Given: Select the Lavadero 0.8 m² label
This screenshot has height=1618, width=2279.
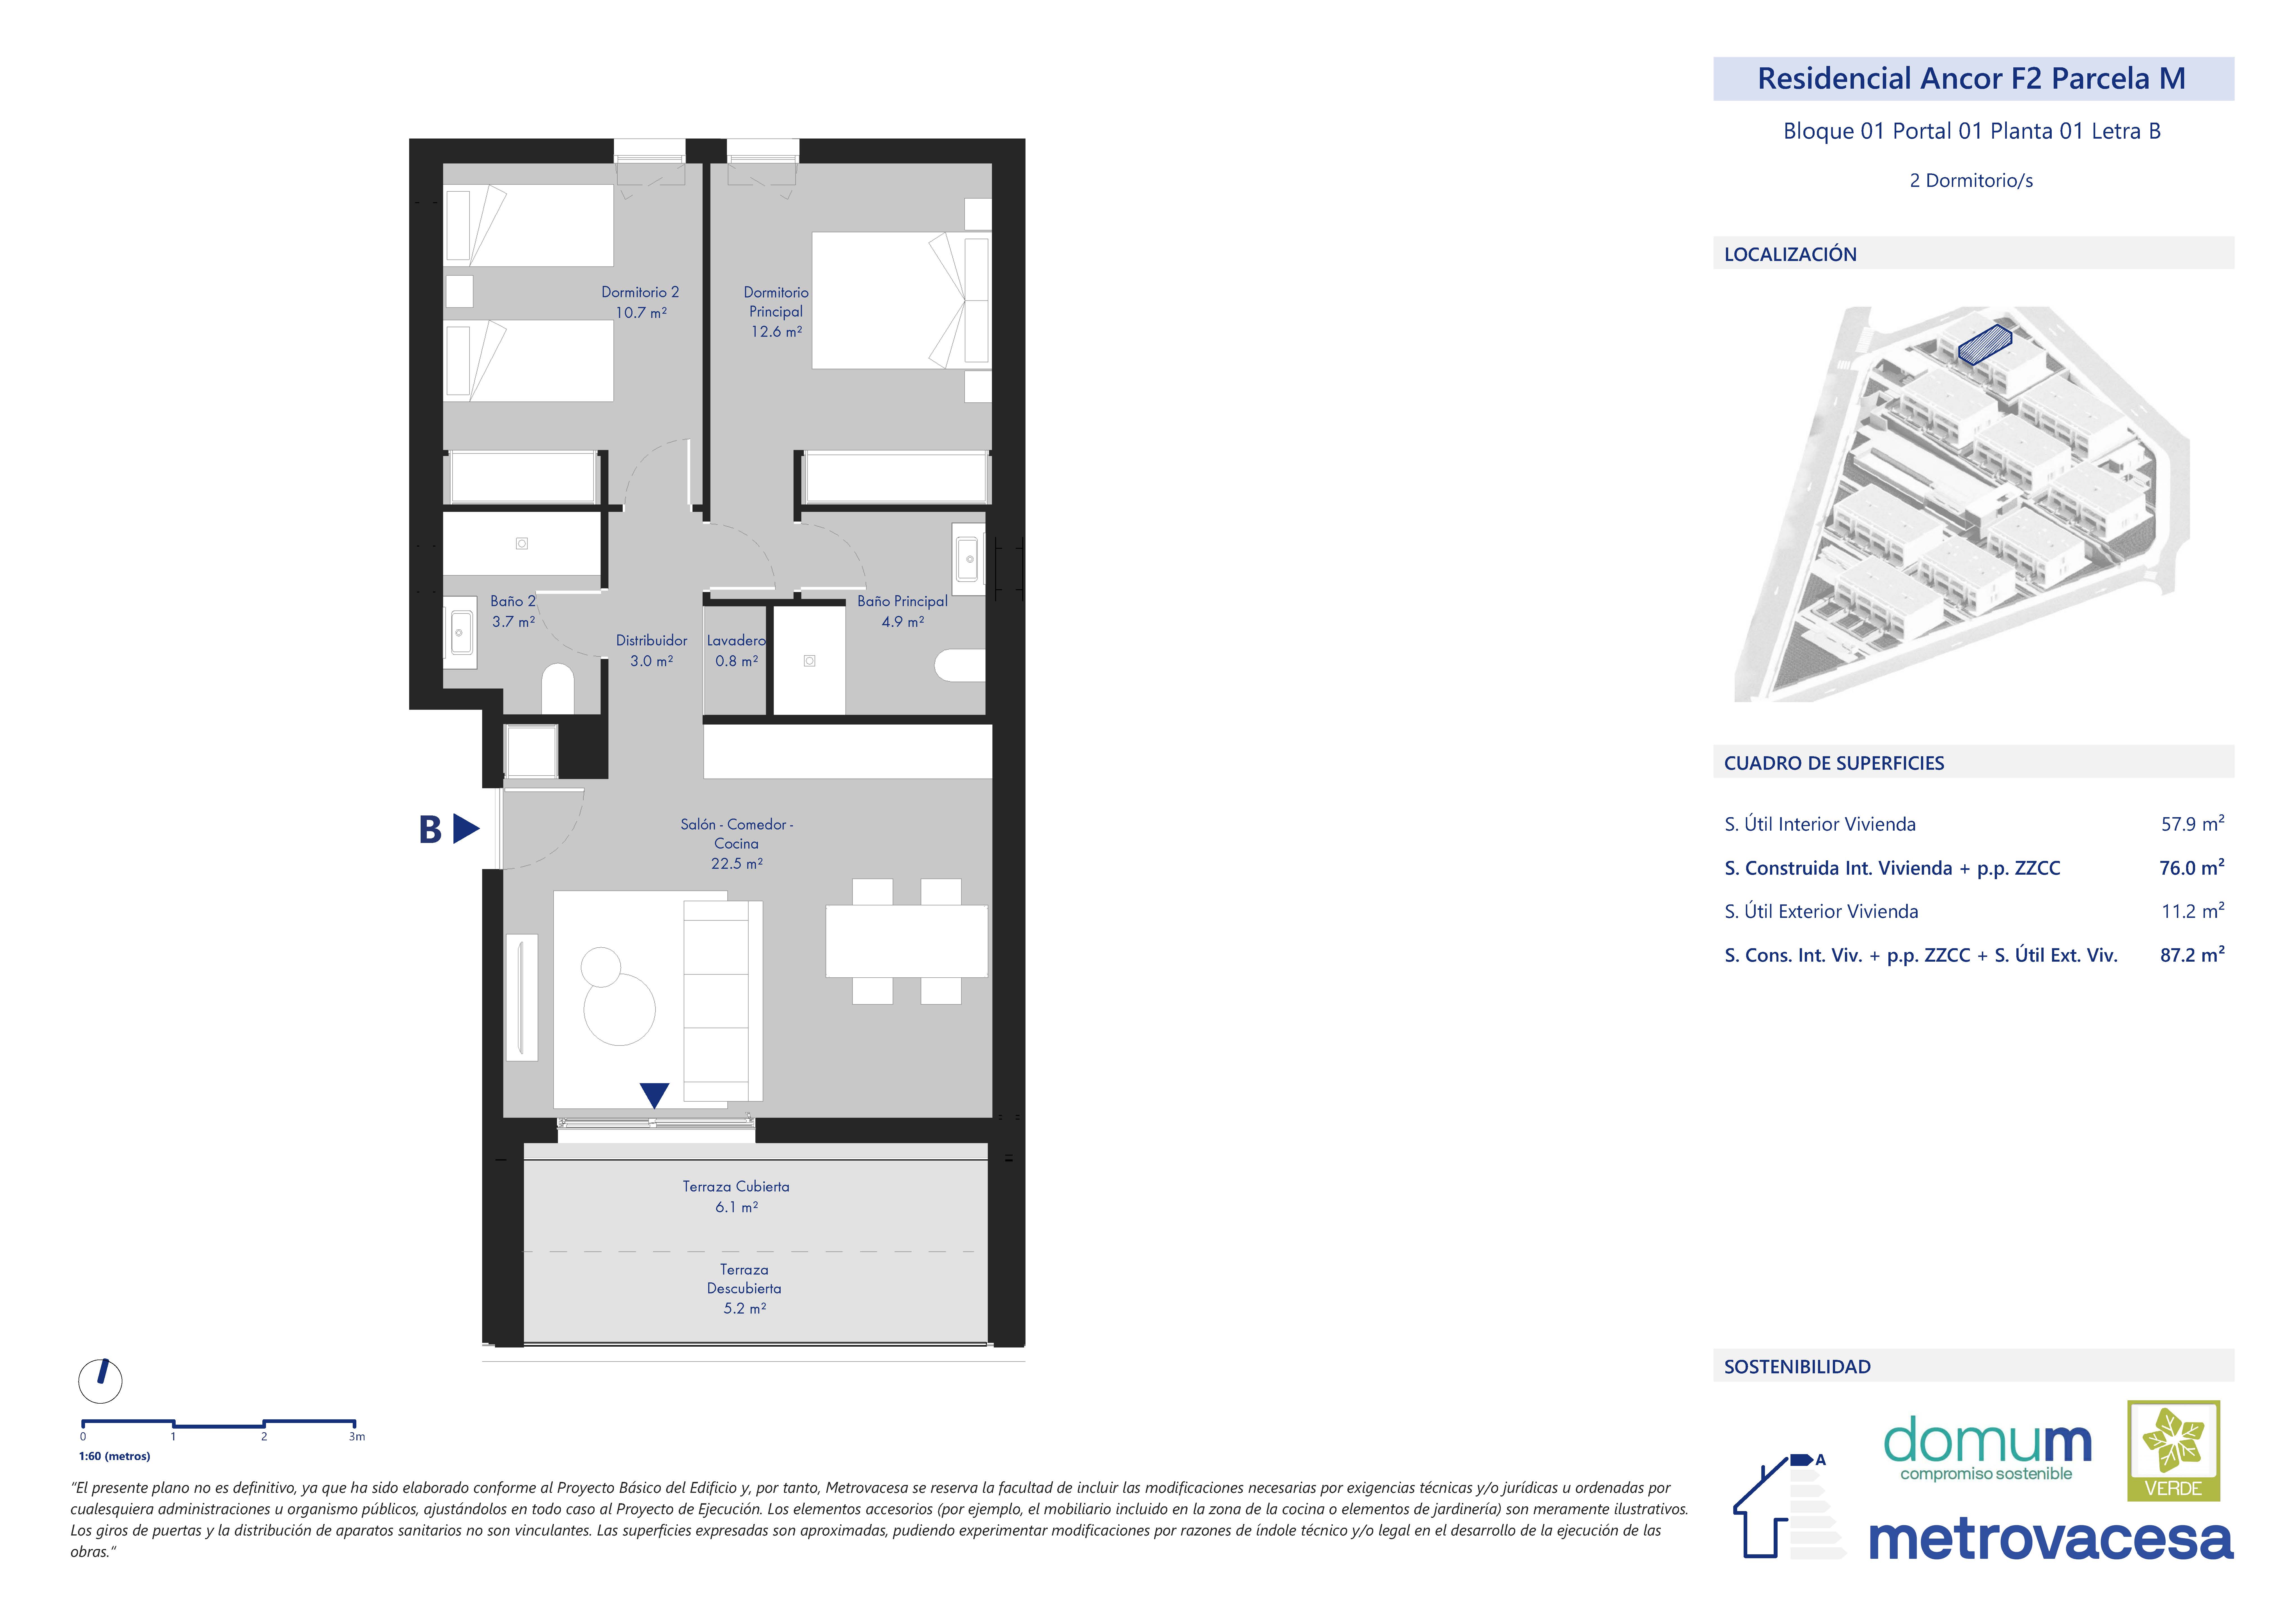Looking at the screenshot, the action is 736,650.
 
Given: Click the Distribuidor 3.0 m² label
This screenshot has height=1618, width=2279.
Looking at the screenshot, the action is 652,650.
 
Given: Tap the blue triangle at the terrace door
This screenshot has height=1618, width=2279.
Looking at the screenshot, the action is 654,1095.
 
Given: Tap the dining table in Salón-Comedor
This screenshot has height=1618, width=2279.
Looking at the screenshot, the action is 906,941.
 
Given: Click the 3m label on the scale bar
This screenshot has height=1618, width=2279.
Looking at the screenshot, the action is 357,1437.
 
